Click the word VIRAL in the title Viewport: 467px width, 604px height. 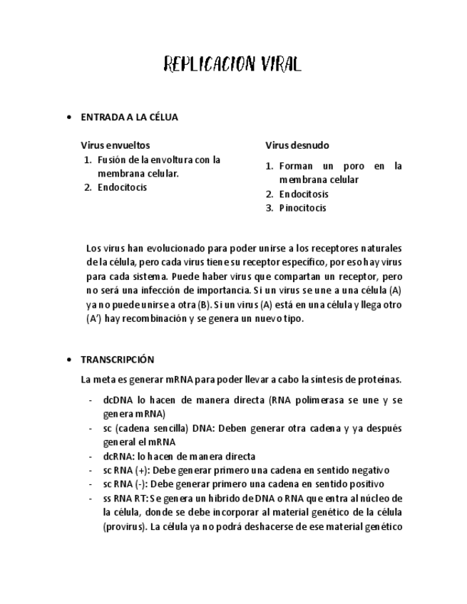277,66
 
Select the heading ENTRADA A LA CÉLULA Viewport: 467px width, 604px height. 129,117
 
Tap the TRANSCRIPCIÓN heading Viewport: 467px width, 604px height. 117,360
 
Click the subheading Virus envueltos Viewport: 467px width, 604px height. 115,145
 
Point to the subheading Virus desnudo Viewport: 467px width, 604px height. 297,145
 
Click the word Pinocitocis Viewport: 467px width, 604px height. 302,208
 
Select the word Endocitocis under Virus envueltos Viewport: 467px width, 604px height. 122,187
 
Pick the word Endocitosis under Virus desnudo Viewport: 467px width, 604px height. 304,194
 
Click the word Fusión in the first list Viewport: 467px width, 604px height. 111,160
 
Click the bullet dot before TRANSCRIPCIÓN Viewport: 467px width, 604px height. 68,360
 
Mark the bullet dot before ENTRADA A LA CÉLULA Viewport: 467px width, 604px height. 68,117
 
